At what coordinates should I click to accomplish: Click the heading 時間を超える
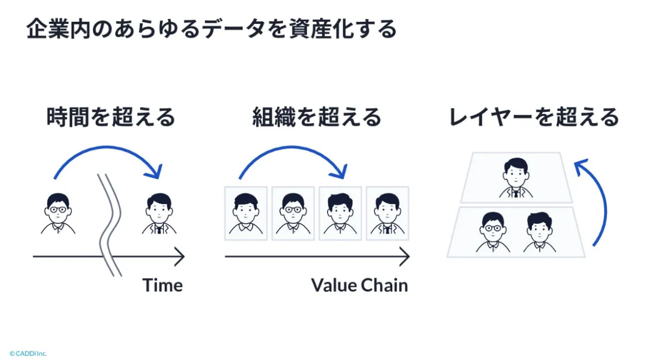pos(111,117)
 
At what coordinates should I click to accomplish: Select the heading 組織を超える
pos(317,117)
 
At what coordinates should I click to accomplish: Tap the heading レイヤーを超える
pos(534,117)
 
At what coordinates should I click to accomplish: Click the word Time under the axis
pos(162,286)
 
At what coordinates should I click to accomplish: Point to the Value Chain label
pos(359,286)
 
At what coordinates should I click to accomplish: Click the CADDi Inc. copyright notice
pos(28,353)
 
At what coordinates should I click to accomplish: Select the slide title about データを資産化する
pos(211,29)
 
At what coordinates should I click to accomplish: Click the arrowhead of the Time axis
pos(180,256)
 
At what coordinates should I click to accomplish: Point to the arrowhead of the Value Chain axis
pos(405,256)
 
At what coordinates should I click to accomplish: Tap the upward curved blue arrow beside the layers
pos(598,201)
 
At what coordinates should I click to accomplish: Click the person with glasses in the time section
pos(58,213)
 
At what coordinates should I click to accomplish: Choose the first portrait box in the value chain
pos(246,213)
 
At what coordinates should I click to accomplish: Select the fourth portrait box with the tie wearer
pos(387,213)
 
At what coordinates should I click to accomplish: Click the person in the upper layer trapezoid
pos(516,178)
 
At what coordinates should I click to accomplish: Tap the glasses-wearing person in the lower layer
pos(493,232)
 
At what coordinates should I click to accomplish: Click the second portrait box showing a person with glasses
pos(293,213)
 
